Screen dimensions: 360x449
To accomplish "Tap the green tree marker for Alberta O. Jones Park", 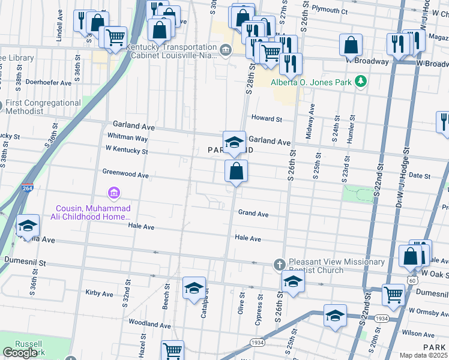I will coord(360,81).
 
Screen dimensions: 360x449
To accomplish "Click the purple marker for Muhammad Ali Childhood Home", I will coord(113,193).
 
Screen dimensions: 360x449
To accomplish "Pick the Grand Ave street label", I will coord(253,214).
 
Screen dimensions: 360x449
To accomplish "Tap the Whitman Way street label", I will coord(127,138).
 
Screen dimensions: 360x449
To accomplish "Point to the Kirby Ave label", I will coord(100,293).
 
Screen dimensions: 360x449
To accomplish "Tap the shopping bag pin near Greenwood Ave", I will coord(237,171).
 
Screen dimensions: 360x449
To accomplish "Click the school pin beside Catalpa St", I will coord(194,288).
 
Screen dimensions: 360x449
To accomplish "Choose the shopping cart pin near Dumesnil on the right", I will coord(393,295).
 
